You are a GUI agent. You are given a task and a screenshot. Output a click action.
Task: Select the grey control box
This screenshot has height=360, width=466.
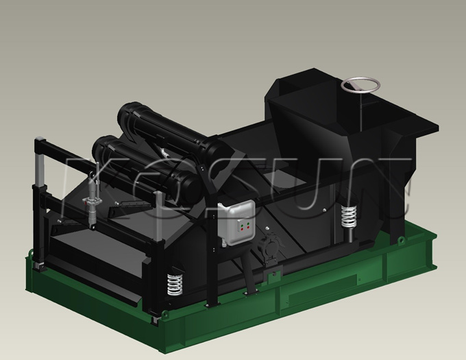coord(236,221)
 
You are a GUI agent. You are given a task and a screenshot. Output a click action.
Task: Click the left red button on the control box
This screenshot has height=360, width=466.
coord(242,229)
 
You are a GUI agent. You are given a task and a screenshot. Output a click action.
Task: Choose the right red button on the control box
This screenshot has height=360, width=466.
coord(249,227)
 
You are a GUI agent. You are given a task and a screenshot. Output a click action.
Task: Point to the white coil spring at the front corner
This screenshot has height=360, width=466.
coord(175,284)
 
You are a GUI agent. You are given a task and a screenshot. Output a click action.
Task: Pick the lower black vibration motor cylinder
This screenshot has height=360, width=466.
coord(145,167)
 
